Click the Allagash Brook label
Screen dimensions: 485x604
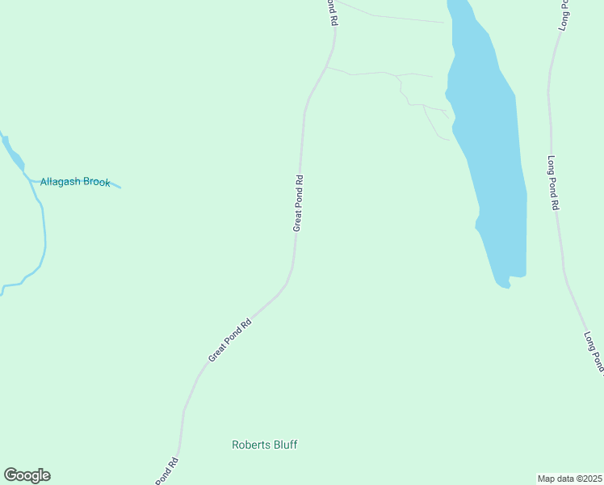pos(75,183)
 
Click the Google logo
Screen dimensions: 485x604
pos(27,475)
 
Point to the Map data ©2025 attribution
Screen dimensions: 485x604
pos(570,479)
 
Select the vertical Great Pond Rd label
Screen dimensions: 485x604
pos(298,204)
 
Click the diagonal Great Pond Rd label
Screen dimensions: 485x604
pos(230,339)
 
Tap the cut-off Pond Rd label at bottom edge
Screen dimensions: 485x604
pos(167,471)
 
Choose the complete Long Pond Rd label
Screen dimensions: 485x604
pos(553,183)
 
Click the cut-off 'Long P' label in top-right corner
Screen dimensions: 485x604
pos(564,15)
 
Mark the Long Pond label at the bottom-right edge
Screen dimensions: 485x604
pos(594,352)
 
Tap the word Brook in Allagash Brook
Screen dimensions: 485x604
pos(95,183)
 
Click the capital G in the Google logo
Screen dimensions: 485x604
pos(10,475)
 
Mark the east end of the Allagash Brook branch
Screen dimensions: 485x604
pos(120,188)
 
